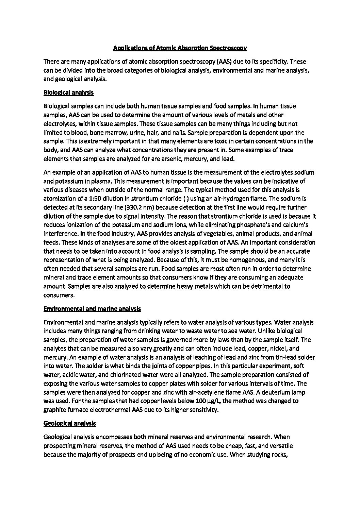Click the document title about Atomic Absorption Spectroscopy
click(x=180, y=48)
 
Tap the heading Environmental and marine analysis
click(x=92, y=309)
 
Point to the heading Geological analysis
click(x=70, y=423)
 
